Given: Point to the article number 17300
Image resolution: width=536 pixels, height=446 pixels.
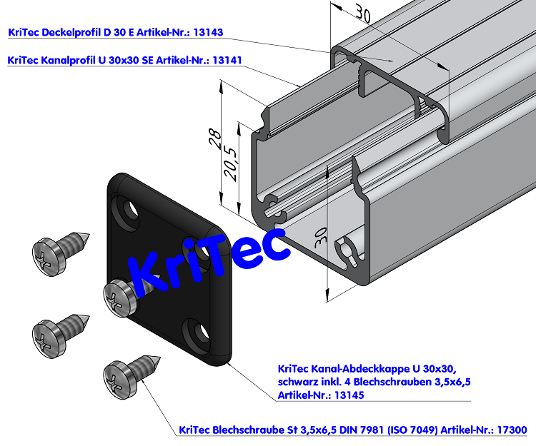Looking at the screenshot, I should (x=512, y=430).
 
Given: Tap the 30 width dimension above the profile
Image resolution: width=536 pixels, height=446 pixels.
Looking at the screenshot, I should (x=364, y=14).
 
